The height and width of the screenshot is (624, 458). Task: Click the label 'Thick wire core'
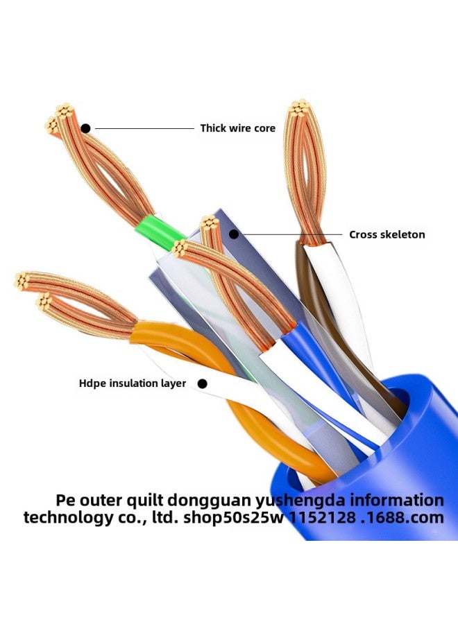[237, 128]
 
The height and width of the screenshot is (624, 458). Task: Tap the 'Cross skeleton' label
[387, 235]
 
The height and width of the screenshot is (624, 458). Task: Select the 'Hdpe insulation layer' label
[133, 383]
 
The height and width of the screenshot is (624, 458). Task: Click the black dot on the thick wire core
[85, 128]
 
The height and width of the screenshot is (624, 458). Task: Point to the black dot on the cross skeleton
[234, 234]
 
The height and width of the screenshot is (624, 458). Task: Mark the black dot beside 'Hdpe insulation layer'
[202, 383]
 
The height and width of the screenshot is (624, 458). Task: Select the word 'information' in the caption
[392, 501]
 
